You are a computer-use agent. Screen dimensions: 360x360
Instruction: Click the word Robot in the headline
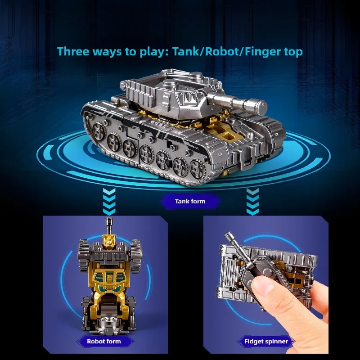point(222,51)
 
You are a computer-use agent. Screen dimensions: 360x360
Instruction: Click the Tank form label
point(190,201)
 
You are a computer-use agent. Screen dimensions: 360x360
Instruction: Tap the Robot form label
point(104,341)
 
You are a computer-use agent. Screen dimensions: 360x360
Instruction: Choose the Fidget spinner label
point(265,341)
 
